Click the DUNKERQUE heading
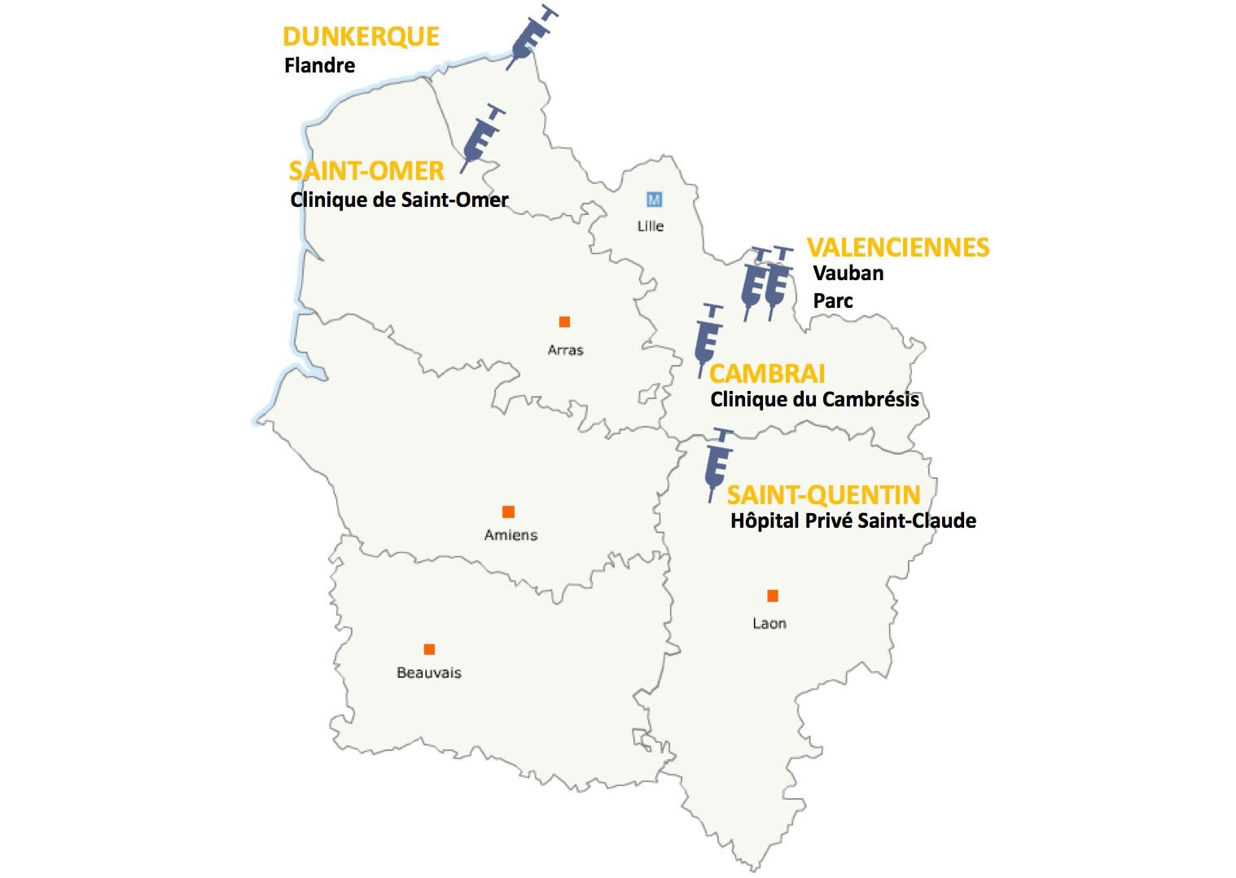coord(361,37)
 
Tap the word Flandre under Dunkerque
coord(319,65)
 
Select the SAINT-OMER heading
coord(366,171)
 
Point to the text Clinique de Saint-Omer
coord(399,200)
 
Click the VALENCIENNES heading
coord(898,248)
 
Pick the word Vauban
coord(848,273)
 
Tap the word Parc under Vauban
coord(833,301)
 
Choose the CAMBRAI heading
coord(767,374)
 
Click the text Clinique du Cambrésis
coord(814,400)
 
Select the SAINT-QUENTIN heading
coord(823,494)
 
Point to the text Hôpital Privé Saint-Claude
coord(852,520)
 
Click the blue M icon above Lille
coord(653,200)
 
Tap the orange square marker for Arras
coord(564,323)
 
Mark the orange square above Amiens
coord(508,511)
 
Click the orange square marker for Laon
coord(773,596)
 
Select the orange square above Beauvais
coord(429,649)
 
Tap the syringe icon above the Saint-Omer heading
coord(482,137)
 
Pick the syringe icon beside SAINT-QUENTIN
coord(717,463)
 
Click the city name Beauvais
coord(429,673)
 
